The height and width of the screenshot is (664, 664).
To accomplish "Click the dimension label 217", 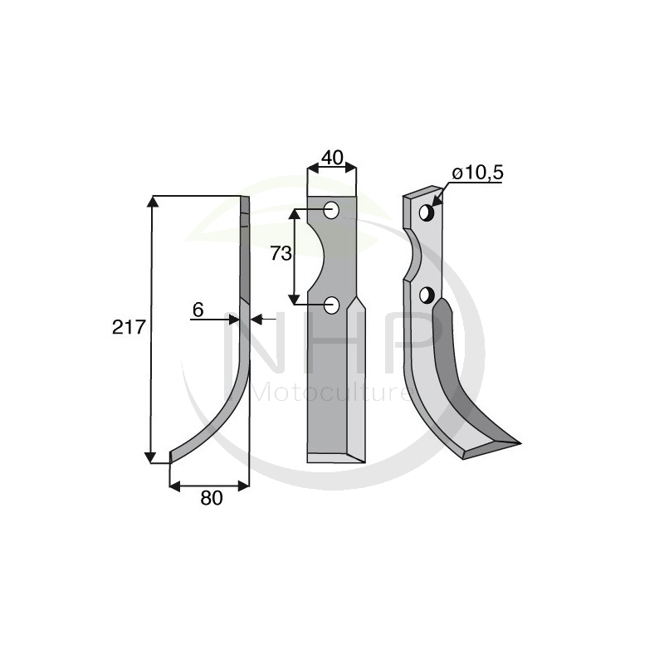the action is pos(129,327).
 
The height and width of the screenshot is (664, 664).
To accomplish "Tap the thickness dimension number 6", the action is pos(198,310).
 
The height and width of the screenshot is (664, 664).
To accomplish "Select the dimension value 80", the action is pos(212,499).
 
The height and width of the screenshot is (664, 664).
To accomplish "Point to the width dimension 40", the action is pos(332,158).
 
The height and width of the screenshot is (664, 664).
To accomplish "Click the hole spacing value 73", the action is pos(281,254).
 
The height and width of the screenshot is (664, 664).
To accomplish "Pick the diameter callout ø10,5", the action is pos(478,173).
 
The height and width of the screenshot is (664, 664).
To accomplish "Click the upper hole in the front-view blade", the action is pos(331,210).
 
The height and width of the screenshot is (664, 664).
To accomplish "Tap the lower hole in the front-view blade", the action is pos(331,305).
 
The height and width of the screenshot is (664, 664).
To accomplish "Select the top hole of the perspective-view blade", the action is pos(427,212).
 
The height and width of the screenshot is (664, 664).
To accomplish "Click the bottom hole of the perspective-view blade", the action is pos(427,295).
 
